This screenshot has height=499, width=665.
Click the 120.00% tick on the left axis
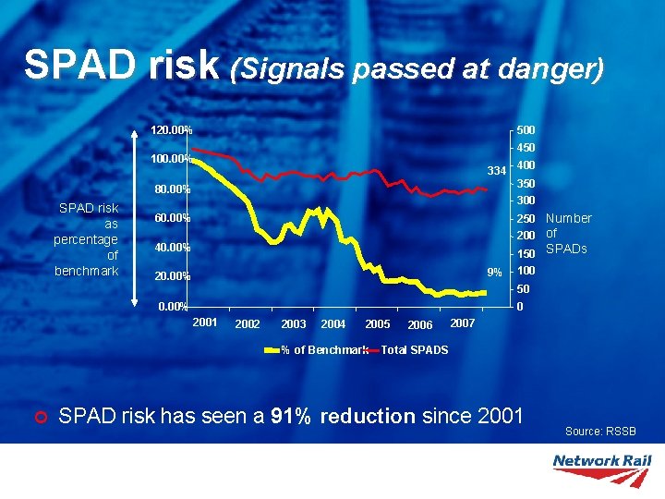coord(171,130)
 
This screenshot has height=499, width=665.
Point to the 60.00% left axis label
coord(171,218)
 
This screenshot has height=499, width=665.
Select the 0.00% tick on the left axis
coord(171,306)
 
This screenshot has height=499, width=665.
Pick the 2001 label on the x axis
coord(205,323)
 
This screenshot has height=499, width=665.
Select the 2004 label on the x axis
coord(332,324)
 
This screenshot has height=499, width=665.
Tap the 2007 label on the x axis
coord(462,323)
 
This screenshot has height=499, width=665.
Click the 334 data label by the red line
coord(496,171)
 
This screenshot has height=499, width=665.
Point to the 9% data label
coord(495,273)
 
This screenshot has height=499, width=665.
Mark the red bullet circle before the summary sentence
coord(38,417)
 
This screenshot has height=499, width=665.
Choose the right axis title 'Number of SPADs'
coord(568,234)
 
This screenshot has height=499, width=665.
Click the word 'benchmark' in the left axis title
coord(87,271)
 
